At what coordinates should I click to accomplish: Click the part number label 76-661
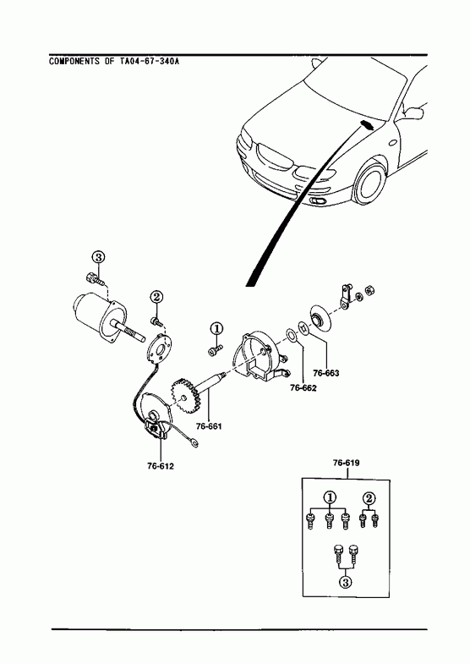pyautogui.click(x=209, y=426)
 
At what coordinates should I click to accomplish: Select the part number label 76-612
pyautogui.click(x=161, y=466)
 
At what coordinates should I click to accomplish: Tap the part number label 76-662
pyautogui.click(x=303, y=387)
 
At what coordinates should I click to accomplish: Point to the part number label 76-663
pyautogui.click(x=326, y=373)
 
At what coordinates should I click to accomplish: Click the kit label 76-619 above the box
pyautogui.click(x=346, y=463)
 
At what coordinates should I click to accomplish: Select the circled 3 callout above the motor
pyautogui.click(x=98, y=257)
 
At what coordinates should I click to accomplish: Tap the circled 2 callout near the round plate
pyautogui.click(x=156, y=297)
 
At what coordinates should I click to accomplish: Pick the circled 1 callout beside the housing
pyautogui.click(x=216, y=327)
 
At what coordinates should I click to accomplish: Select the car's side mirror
pyautogui.click(x=413, y=112)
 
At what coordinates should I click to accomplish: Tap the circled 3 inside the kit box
pyautogui.click(x=345, y=582)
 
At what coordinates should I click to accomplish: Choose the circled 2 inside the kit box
pyautogui.click(x=369, y=497)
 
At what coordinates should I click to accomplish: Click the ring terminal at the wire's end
pyautogui.click(x=194, y=443)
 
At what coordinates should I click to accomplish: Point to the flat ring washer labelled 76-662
pyautogui.click(x=292, y=335)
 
